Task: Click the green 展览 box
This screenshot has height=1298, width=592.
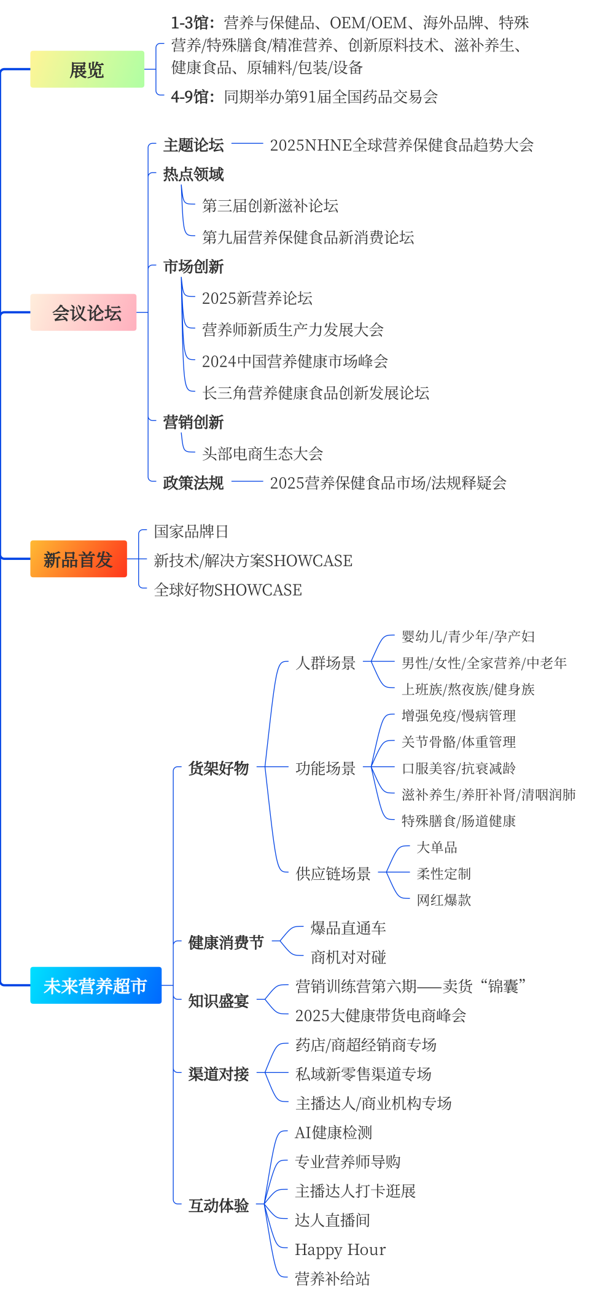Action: tap(87, 69)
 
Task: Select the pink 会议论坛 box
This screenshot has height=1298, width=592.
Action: tap(84, 313)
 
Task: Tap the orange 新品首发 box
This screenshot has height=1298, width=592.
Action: tap(79, 559)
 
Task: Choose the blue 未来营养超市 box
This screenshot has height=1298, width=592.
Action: tap(96, 985)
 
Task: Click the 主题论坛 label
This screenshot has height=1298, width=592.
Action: tap(193, 145)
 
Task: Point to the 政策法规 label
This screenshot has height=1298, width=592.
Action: tap(193, 483)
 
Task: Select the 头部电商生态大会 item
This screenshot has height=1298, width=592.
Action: tap(262, 454)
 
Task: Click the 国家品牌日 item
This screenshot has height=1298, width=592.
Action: tap(191, 531)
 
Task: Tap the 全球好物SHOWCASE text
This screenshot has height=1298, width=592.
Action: tap(228, 590)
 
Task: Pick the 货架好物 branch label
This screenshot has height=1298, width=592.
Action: tap(219, 768)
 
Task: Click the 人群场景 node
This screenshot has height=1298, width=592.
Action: tap(325, 663)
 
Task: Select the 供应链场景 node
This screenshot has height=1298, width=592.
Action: tap(333, 873)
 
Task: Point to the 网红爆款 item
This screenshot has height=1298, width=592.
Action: tap(443, 900)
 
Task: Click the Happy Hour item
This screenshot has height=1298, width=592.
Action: tap(340, 1249)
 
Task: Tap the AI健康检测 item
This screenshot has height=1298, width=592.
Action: tap(333, 1132)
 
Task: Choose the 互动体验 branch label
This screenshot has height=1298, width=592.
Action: tap(219, 1205)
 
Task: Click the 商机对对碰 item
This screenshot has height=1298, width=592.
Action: tap(348, 957)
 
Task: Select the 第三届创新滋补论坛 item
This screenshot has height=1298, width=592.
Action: tap(270, 206)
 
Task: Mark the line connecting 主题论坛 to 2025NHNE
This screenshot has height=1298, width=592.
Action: tap(247, 144)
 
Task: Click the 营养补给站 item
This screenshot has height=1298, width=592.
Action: tap(332, 1278)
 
